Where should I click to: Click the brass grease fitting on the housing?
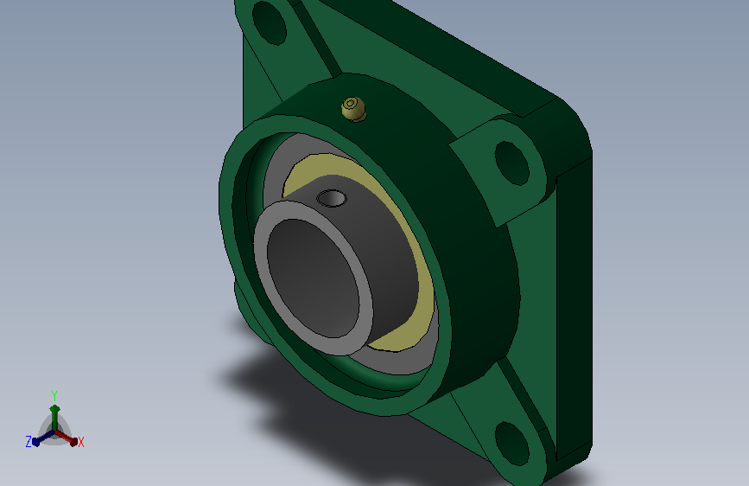(354, 109)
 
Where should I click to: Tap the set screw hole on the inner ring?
(332, 198)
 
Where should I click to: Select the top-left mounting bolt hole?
(269, 22)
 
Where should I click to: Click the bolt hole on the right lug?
(512, 163)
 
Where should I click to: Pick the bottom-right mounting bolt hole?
(512, 443)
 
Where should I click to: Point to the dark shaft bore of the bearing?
(313, 278)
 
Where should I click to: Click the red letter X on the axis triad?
(80, 443)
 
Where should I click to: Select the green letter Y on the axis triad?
(54, 396)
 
